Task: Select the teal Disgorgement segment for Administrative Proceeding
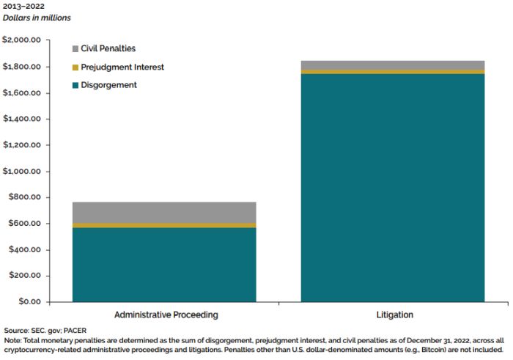[163, 264]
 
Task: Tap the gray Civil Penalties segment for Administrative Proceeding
[163, 212]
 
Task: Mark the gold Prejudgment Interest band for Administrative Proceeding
[163, 225]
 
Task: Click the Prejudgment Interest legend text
[122, 67]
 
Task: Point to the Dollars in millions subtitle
[37, 18]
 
